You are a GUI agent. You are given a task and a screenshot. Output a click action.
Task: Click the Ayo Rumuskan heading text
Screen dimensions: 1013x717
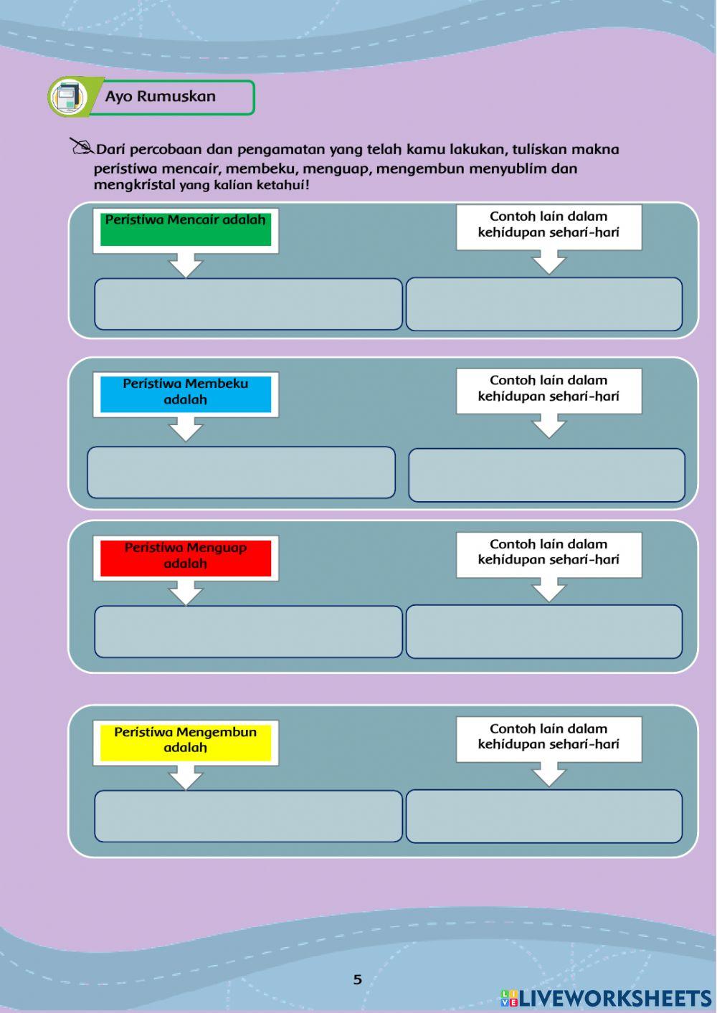coord(160,97)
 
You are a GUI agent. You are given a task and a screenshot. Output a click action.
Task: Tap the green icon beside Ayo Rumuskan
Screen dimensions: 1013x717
coord(69,98)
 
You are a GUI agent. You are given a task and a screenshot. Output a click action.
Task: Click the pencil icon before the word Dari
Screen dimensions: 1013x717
coord(81,147)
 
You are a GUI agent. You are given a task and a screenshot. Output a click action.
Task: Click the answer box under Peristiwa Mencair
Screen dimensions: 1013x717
coord(248,304)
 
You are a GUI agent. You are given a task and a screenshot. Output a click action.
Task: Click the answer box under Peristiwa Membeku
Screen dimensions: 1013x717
coord(241,472)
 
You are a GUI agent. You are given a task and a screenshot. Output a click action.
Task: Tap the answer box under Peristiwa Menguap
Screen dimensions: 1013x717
coord(248,632)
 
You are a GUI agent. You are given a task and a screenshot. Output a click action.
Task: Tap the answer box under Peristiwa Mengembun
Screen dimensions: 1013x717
coord(248,816)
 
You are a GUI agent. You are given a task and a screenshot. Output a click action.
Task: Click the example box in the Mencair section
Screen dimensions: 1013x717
coord(544,304)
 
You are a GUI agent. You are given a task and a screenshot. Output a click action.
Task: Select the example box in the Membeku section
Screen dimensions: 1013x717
coord(546,475)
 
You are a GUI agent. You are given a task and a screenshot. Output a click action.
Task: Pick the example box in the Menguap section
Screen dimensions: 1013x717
coord(544,632)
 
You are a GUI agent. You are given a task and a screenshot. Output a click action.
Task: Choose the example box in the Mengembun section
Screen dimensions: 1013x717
coord(544,816)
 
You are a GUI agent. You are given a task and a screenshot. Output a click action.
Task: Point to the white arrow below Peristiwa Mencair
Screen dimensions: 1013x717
coord(186,265)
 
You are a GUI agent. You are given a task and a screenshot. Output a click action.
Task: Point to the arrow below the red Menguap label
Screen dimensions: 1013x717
coord(186,592)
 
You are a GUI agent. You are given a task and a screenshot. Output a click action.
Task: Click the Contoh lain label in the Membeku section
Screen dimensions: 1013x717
coord(549,389)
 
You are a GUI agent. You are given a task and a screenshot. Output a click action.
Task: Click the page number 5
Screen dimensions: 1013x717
coord(358,979)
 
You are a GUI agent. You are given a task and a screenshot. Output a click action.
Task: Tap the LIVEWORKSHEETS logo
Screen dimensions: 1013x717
coord(606,998)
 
